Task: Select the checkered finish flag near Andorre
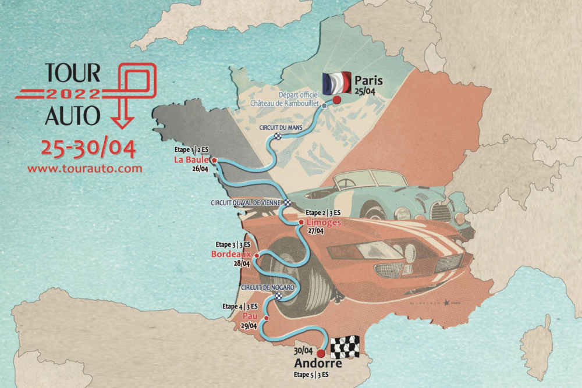click(345, 347)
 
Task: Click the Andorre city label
click(318, 364)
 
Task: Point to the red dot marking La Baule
click(214, 159)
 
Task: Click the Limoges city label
click(322, 222)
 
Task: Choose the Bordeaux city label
click(231, 254)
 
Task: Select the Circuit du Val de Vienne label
click(247, 203)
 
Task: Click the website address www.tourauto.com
click(85, 169)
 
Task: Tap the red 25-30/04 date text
click(88, 149)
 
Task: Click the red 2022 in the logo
click(73, 93)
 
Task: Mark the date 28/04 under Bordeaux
click(242, 264)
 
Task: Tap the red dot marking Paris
click(336, 99)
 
